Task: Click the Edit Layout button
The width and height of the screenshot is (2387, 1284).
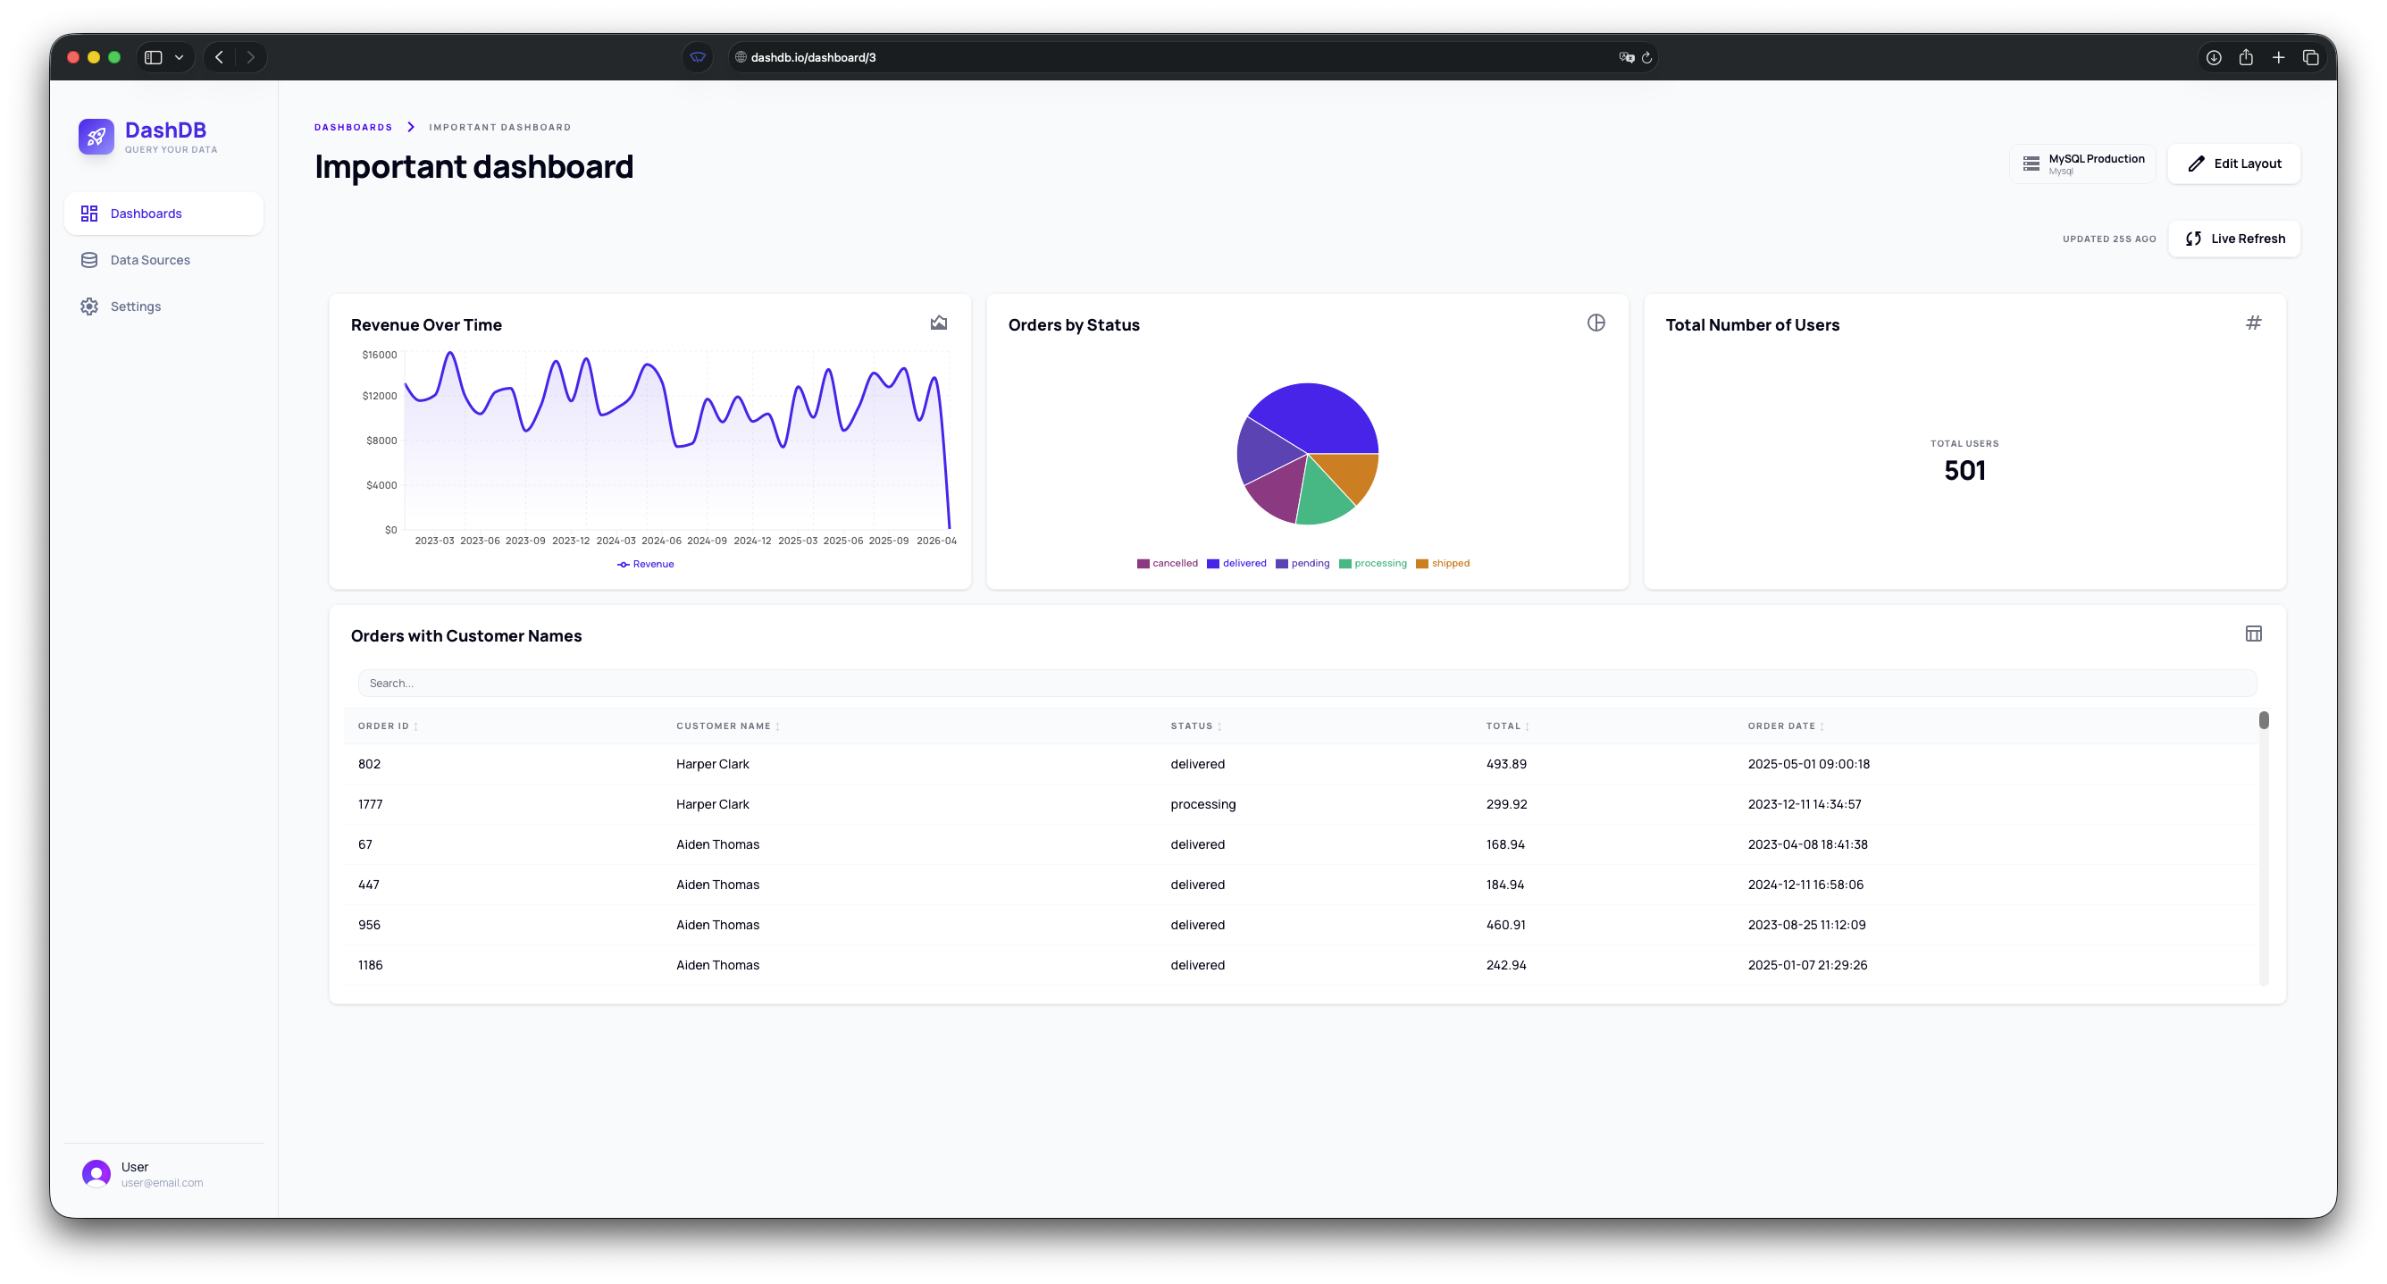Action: (2233, 164)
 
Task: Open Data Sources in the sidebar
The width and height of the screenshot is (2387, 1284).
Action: (149, 261)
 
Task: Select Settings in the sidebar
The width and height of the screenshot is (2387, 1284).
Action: (135, 306)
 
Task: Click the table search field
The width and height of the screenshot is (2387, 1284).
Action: (1307, 684)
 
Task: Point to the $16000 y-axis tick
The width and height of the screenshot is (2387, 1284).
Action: (379, 355)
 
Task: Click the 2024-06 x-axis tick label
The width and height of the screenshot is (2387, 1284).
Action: (661, 541)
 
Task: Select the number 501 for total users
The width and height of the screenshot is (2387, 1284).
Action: (1964, 471)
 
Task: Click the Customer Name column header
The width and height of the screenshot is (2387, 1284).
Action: (723, 726)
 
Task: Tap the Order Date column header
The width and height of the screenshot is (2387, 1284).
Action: (1781, 726)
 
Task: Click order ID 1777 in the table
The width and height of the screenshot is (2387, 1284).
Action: (370, 805)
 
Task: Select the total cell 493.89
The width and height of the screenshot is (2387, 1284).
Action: (1506, 764)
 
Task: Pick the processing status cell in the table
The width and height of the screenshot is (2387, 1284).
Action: (1202, 805)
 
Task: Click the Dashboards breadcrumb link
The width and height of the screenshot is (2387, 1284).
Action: (353, 127)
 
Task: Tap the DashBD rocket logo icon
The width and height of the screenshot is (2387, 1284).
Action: (96, 137)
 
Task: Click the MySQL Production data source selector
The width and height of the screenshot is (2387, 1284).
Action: (2082, 164)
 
